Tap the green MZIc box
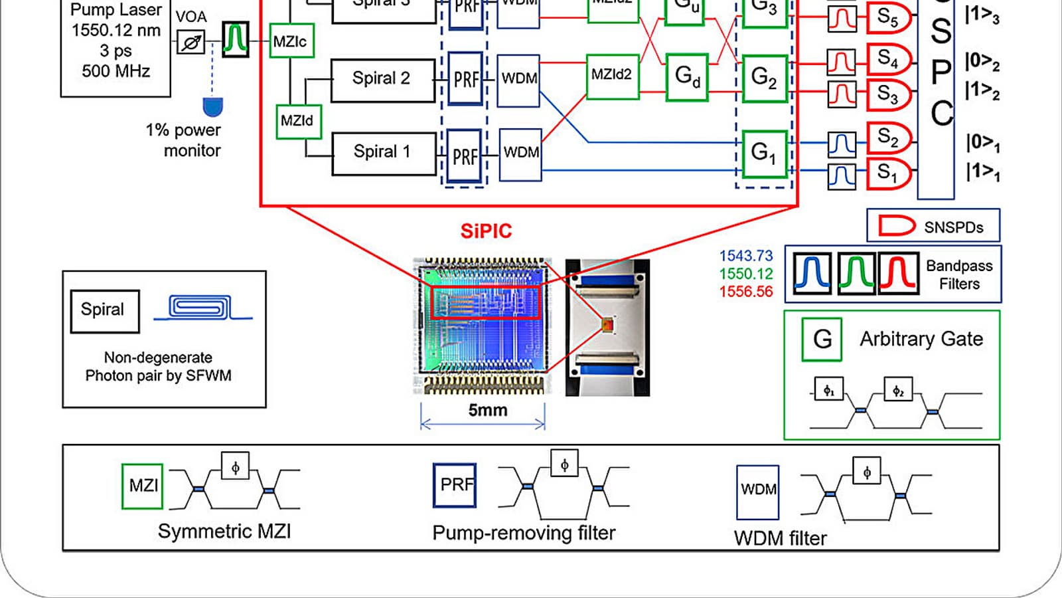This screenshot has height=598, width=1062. click(x=291, y=41)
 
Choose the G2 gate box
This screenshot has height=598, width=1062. click(x=764, y=78)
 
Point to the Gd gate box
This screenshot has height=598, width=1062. click(x=687, y=76)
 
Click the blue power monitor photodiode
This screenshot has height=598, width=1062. click(x=212, y=106)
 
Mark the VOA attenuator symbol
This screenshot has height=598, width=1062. click(x=191, y=43)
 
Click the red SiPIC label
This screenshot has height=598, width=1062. click(x=486, y=231)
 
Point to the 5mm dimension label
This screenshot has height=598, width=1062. click(x=488, y=411)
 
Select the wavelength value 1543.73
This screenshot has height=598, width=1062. click(x=746, y=256)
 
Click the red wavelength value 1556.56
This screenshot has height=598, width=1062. click(x=746, y=292)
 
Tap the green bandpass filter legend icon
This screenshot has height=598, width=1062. click(x=856, y=273)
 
